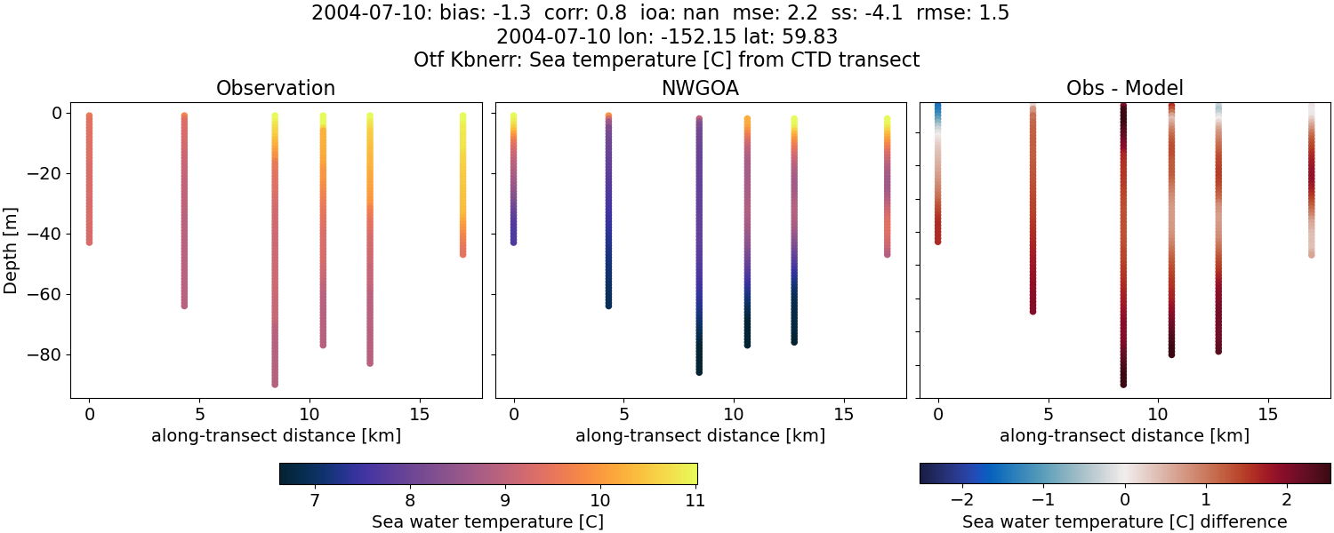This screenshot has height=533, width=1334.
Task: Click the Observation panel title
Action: [x=276, y=89]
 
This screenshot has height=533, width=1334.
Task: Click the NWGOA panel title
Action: [x=700, y=89]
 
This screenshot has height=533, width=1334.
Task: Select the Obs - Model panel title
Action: [x=1124, y=89]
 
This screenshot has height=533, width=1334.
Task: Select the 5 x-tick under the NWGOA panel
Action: [x=624, y=414]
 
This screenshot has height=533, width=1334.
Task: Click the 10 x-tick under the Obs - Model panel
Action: [x=1158, y=414]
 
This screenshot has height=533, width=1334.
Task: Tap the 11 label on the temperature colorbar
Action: [x=695, y=500]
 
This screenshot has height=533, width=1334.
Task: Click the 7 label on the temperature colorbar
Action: [x=315, y=500]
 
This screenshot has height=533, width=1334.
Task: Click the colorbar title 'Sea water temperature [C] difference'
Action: [x=1124, y=522]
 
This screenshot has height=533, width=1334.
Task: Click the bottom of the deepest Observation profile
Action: [x=275, y=384]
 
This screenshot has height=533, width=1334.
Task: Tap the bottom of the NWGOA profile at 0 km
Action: [x=513, y=242]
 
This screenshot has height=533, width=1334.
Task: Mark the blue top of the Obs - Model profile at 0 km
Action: [x=937, y=108]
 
